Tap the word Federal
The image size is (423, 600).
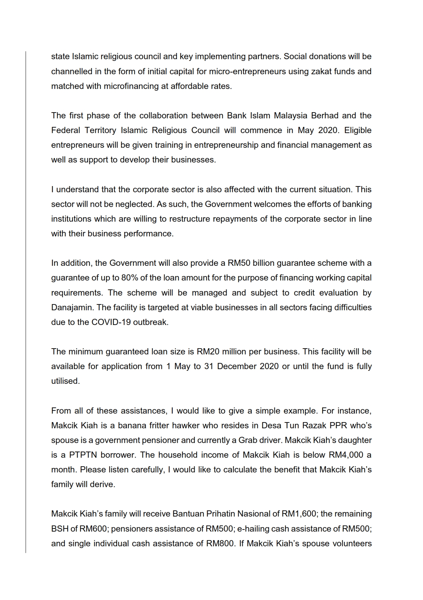[66, 130]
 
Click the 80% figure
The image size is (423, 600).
[130, 278]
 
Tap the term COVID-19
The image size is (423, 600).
[111, 322]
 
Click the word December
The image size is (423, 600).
[236, 366]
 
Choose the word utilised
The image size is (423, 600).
[65, 381]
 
